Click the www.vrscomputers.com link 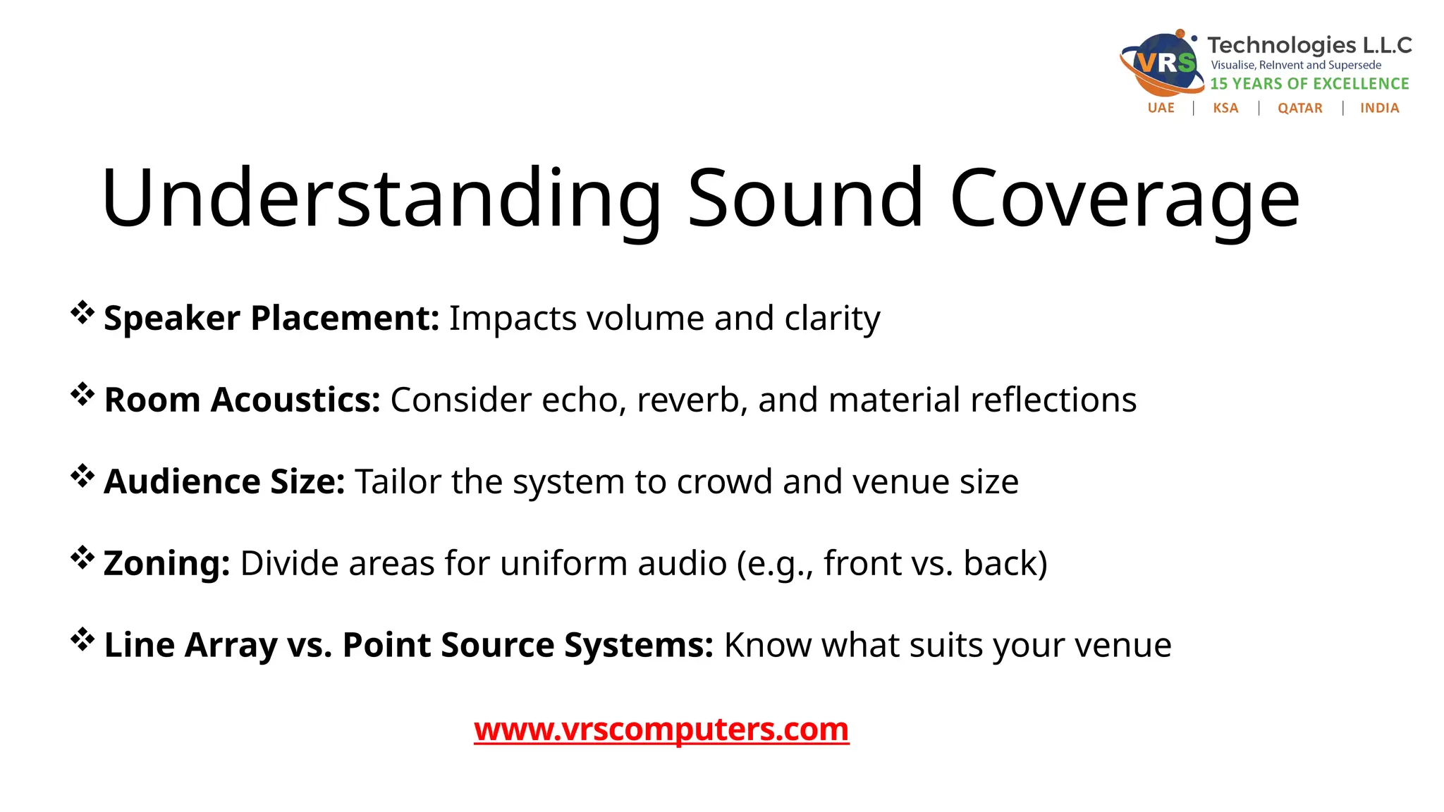click(661, 730)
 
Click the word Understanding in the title click(381, 199)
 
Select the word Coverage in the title click(1125, 199)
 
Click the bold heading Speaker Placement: click(271, 318)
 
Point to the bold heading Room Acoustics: click(242, 400)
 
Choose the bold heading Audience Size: click(224, 481)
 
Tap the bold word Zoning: click(167, 563)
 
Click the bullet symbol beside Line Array click(82, 639)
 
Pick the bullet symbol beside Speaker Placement click(82, 312)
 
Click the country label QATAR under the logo click(1299, 108)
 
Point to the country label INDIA click(1379, 108)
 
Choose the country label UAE click(1161, 108)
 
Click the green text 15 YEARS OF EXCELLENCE click(1309, 84)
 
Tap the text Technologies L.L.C click(1309, 45)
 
